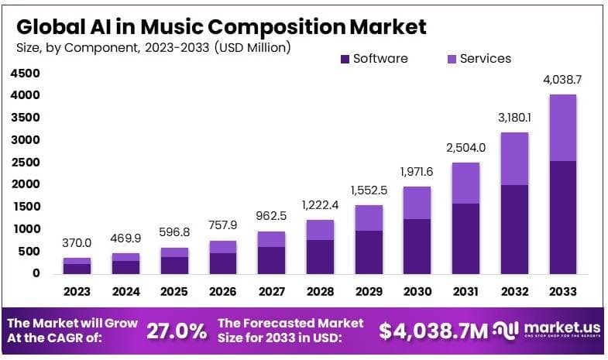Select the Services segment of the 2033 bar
(x=562, y=128)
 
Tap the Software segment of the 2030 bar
(x=417, y=245)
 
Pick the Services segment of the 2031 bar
(x=465, y=183)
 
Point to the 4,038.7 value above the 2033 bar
(x=562, y=80)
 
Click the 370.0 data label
(x=77, y=243)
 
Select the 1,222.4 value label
(x=319, y=206)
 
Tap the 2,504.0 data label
(x=465, y=149)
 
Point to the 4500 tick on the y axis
(x=25, y=74)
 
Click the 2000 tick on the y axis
(x=25, y=184)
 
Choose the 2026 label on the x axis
(x=222, y=292)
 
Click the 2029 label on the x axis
(x=368, y=292)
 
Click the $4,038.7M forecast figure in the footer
(x=434, y=331)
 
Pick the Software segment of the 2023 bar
(x=77, y=268)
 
